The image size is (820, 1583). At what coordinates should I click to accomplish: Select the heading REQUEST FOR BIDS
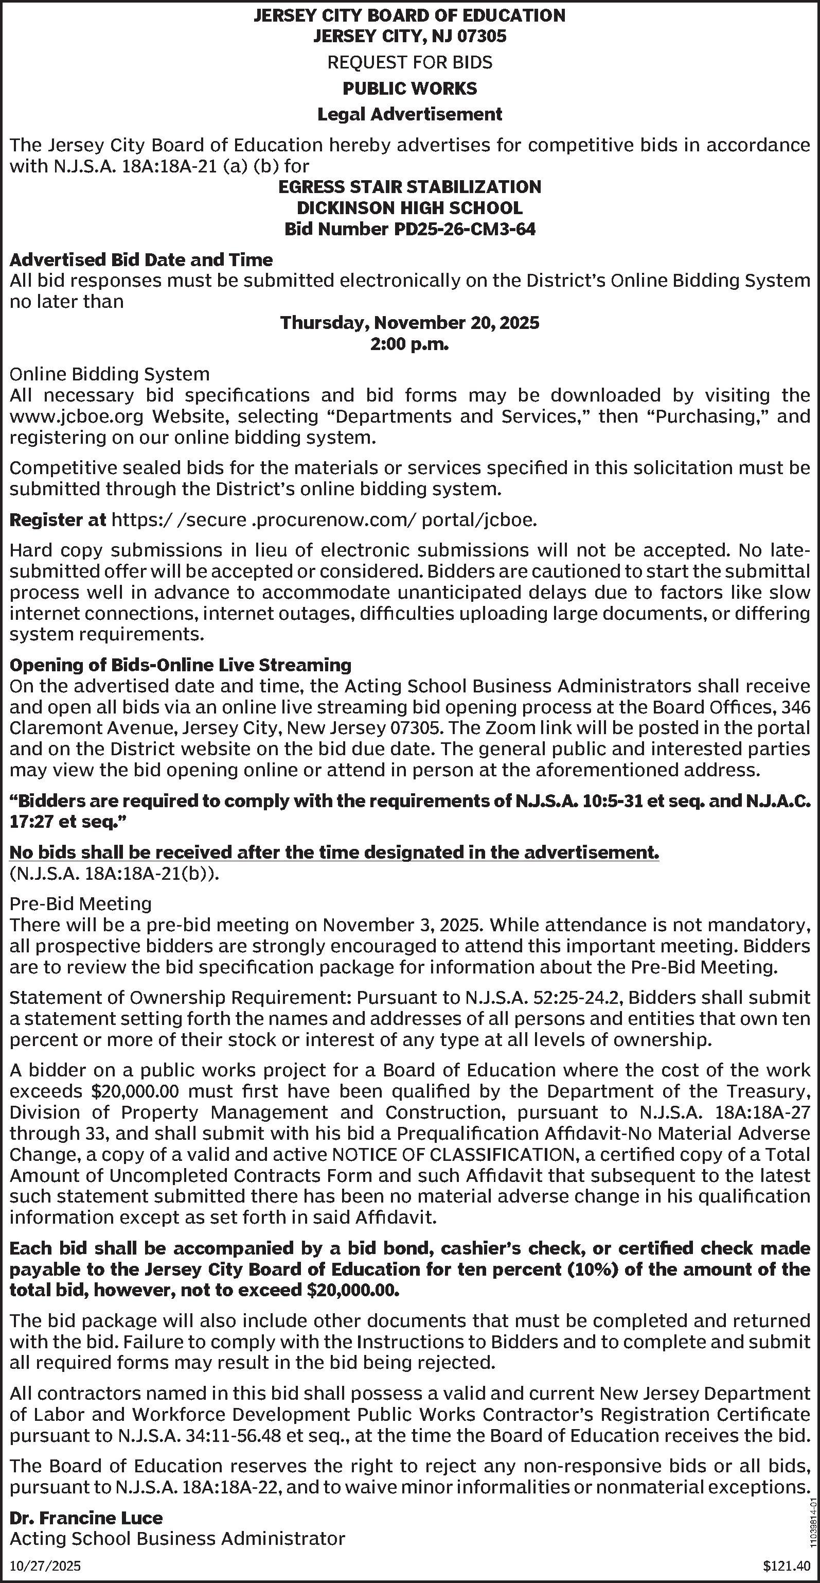click(409, 63)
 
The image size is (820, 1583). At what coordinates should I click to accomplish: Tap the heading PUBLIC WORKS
click(409, 89)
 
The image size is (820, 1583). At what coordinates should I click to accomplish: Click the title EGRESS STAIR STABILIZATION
click(409, 187)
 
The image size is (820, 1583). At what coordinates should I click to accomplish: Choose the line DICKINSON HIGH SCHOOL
click(409, 207)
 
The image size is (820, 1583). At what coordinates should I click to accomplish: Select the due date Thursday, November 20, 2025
click(409, 323)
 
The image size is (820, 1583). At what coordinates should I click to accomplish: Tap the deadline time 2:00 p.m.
click(409, 344)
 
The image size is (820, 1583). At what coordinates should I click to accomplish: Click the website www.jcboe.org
click(77, 416)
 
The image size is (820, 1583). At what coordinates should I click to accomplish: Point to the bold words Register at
click(58, 520)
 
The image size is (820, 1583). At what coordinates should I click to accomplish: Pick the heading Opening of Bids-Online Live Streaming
click(181, 665)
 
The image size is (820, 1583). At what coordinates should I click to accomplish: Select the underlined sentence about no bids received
click(334, 853)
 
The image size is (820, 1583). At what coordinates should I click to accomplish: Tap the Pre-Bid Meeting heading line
click(80, 903)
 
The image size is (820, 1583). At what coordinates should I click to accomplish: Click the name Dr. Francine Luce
click(86, 1517)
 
